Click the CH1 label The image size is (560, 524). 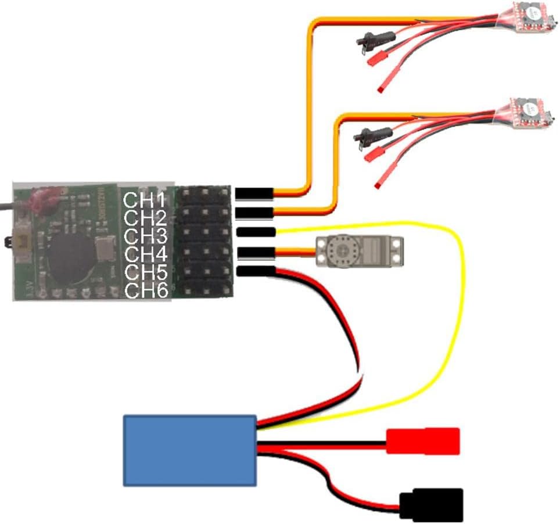pyautogui.click(x=146, y=200)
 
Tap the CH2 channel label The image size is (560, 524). pyautogui.click(x=146, y=218)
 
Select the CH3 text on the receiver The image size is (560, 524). pyautogui.click(x=146, y=236)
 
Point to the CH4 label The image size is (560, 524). pyautogui.click(x=146, y=254)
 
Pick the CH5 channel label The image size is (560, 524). pyautogui.click(x=146, y=272)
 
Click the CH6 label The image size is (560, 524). pyautogui.click(x=146, y=290)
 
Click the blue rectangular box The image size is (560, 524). pyautogui.click(x=190, y=450)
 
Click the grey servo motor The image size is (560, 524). pyautogui.click(x=357, y=252)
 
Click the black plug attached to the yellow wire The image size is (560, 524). pyautogui.click(x=256, y=233)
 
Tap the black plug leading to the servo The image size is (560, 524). pyautogui.click(x=256, y=252)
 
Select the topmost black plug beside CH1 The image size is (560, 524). pyautogui.click(x=253, y=193)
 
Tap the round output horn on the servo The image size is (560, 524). pyautogui.click(x=338, y=250)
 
